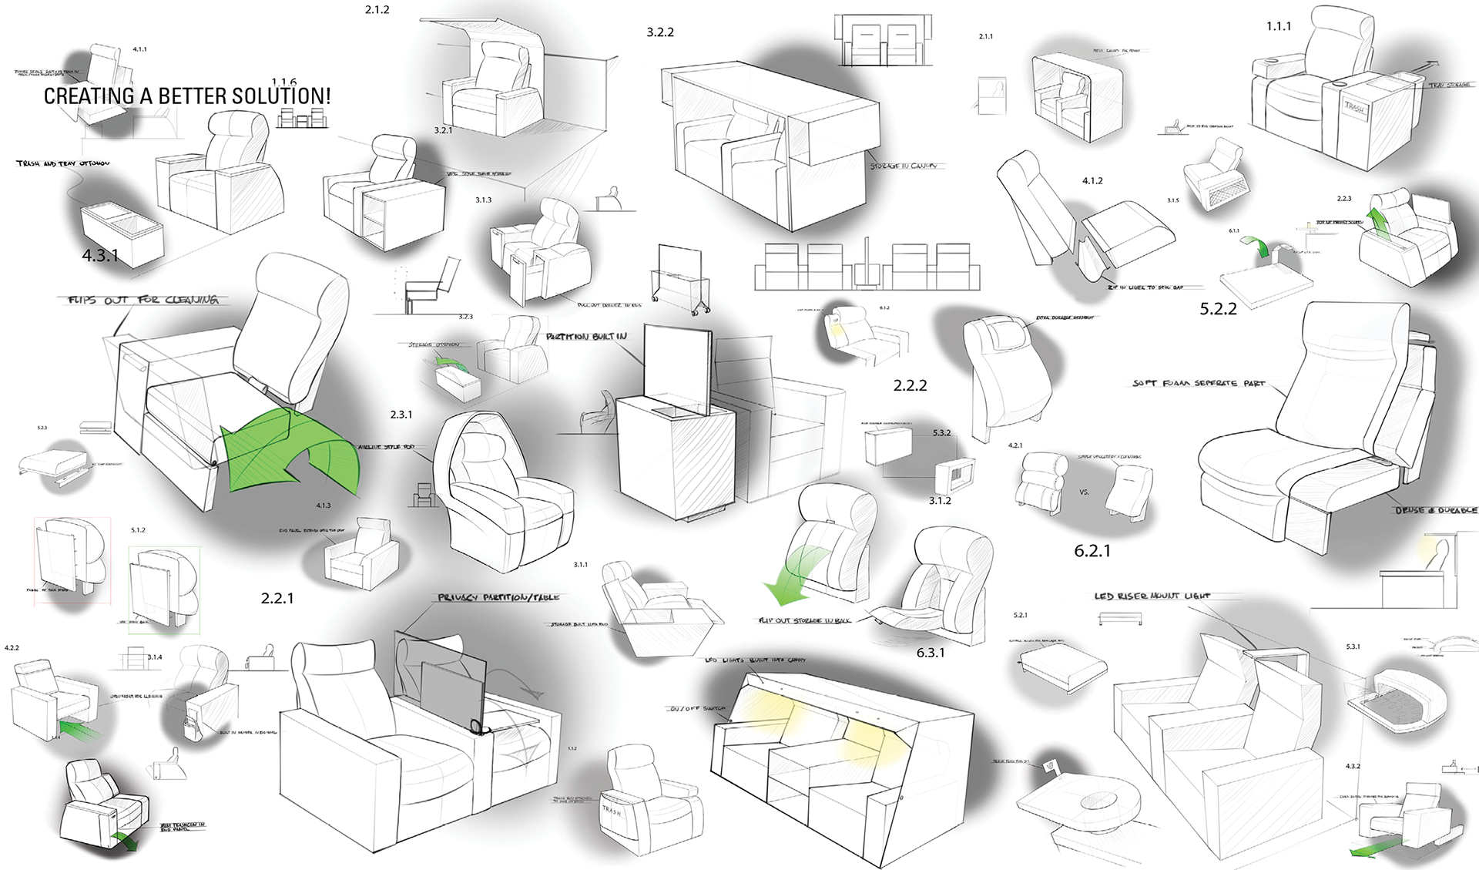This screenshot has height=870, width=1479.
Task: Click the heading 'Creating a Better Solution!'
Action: pos(187,96)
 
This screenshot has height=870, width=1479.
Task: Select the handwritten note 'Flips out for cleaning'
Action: pos(143,300)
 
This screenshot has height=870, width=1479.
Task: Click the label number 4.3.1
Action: pos(100,256)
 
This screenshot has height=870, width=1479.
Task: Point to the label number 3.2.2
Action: pos(660,32)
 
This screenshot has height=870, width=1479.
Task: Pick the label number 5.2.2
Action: pos(1218,309)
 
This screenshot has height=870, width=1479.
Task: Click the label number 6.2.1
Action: pos(1092,550)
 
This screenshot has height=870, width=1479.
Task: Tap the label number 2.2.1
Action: pos(277,598)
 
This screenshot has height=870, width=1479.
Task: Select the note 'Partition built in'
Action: pos(586,337)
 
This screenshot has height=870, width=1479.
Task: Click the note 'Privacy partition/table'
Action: pos(498,597)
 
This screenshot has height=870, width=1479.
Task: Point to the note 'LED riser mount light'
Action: pos(1152,596)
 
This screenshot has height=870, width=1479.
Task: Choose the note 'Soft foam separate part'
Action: pos(1199,383)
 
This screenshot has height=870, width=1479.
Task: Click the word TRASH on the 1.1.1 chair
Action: pos(1354,108)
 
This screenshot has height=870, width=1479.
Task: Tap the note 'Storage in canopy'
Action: pos(904,166)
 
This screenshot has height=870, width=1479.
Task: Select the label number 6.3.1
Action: pos(931,653)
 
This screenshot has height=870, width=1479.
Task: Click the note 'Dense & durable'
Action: pos(1436,510)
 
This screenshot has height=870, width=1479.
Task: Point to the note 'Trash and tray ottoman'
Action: pos(63,163)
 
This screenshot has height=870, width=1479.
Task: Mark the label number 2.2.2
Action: pos(910,385)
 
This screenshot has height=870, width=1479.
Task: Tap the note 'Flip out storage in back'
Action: pos(804,620)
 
